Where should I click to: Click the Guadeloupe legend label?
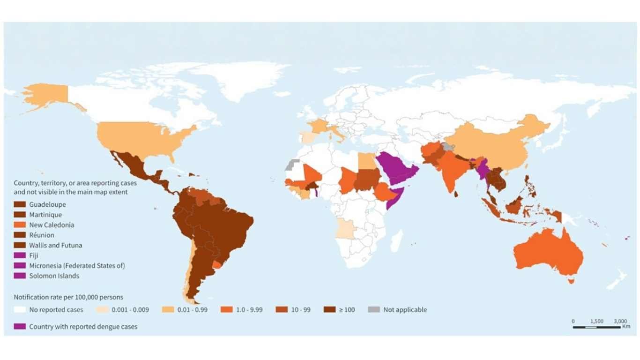coord(47,204)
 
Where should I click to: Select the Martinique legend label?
coord(45,215)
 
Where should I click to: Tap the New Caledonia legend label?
coord(52,225)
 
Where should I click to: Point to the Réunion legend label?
coord(42,235)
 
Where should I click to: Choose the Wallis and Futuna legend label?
coord(56,245)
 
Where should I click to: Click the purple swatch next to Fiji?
coord(20,255)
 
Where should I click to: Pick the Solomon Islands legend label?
coord(54,276)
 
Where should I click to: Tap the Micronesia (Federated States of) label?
coord(77,266)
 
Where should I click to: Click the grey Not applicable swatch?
coord(373,310)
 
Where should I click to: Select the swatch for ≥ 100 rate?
coord(329,310)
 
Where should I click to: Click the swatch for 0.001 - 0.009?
coord(102,310)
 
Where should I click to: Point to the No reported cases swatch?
coord(20,310)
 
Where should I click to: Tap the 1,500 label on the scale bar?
coord(596,321)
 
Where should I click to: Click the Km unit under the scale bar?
coord(626,326)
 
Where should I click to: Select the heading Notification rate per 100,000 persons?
coord(68,297)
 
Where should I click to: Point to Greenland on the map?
coord(244,77)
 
